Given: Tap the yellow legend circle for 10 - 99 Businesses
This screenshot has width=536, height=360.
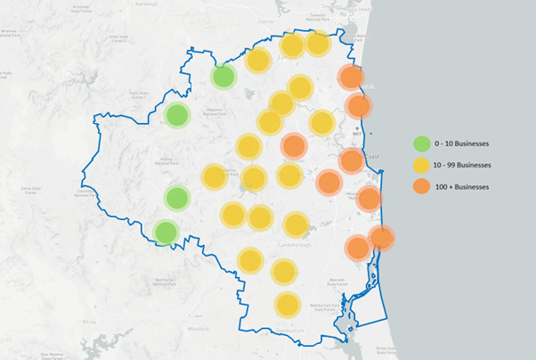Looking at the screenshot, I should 422,165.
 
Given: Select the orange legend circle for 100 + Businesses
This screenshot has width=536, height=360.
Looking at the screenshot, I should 422,186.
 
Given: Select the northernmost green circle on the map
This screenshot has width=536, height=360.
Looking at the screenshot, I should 223,77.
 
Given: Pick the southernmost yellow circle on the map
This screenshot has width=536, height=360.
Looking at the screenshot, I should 287,306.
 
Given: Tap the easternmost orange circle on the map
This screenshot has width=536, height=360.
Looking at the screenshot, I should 381,237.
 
